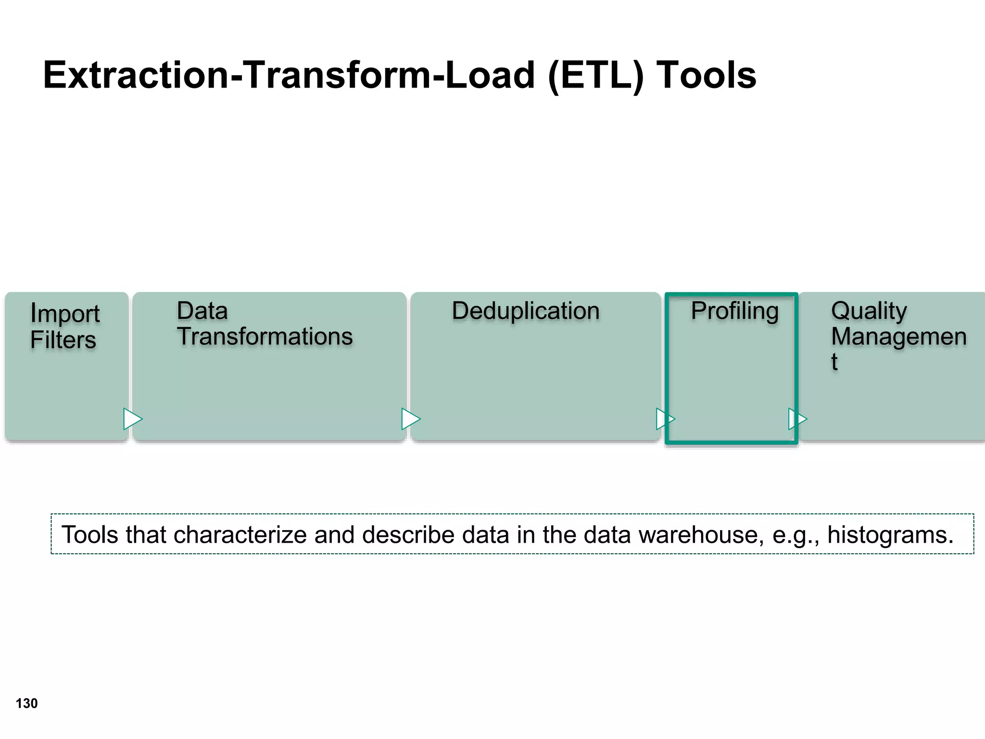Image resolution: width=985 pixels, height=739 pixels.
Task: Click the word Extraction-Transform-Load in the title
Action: point(289,76)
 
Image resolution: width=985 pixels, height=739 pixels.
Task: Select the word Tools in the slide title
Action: point(707,76)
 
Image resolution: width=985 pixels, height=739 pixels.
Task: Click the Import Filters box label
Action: point(64,326)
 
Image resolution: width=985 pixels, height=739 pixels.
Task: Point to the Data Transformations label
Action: point(265,323)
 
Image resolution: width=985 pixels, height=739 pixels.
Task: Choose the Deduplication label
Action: point(526,311)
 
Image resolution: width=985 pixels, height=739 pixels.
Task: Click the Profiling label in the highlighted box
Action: point(734,311)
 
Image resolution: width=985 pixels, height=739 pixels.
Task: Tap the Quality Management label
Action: point(898,335)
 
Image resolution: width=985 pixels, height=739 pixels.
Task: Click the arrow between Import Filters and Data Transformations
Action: point(132,419)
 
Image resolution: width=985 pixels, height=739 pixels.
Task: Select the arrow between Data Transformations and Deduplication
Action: point(410,419)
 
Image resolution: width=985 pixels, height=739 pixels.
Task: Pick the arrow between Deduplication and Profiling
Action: point(665,419)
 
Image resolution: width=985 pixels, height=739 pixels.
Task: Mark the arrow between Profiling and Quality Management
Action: point(797,419)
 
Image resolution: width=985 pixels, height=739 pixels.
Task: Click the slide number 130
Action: point(26,703)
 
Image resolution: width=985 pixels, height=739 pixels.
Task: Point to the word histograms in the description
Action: point(890,535)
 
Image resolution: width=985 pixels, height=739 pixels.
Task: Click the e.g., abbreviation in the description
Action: point(796,535)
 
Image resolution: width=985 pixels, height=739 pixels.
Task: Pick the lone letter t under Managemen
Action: point(834,361)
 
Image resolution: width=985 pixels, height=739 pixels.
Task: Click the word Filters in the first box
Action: point(63,340)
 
